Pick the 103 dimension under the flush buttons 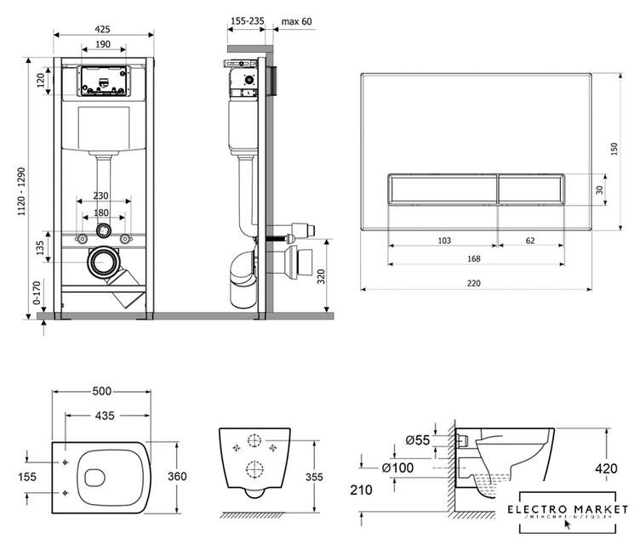tap(443, 241)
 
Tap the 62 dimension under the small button tap(530, 241)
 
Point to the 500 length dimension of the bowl tap(102, 392)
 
